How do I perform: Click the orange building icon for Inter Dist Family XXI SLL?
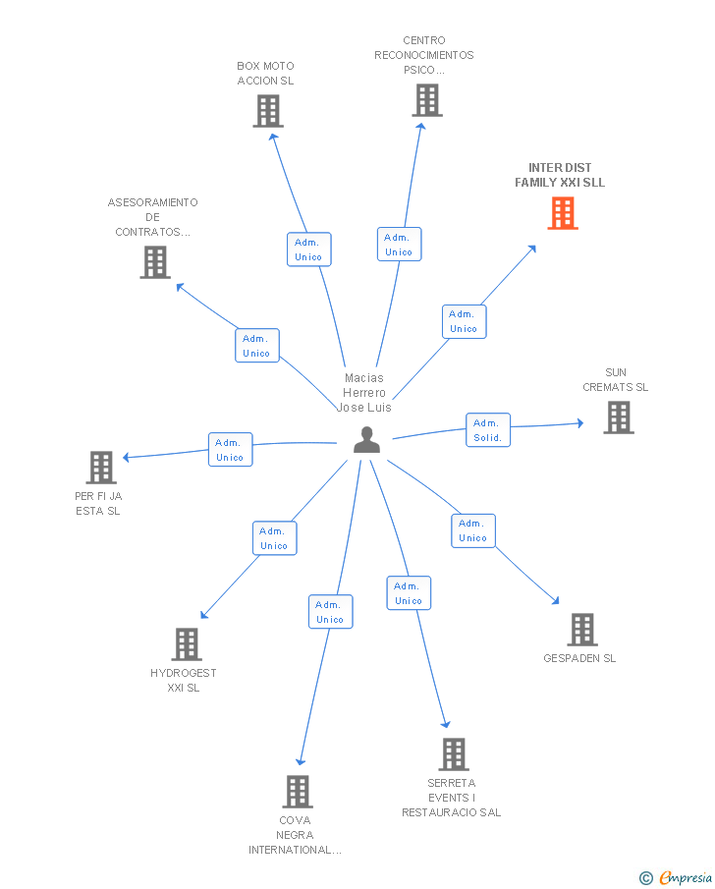[563, 213]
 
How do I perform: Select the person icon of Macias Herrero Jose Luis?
[366, 440]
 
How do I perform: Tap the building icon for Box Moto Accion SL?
[267, 111]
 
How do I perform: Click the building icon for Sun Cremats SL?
[618, 417]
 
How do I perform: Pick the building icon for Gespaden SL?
[581, 630]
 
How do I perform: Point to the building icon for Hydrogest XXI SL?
[186, 644]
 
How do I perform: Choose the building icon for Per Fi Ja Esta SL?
[101, 468]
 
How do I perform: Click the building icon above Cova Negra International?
[298, 791]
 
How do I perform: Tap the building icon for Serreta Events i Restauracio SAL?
[453, 754]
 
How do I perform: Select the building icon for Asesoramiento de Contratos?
[154, 262]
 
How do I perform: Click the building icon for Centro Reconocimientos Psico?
[426, 100]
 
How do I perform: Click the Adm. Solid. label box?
[488, 430]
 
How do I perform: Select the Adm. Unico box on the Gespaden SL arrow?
[472, 530]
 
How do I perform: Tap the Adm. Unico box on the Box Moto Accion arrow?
[308, 250]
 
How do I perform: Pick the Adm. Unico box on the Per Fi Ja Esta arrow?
[230, 450]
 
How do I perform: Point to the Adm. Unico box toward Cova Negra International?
[330, 612]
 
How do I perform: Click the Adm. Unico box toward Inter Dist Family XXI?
[464, 321]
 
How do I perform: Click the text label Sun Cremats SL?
[616, 380]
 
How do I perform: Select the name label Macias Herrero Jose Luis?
[364, 392]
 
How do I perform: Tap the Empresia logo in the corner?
[677, 877]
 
